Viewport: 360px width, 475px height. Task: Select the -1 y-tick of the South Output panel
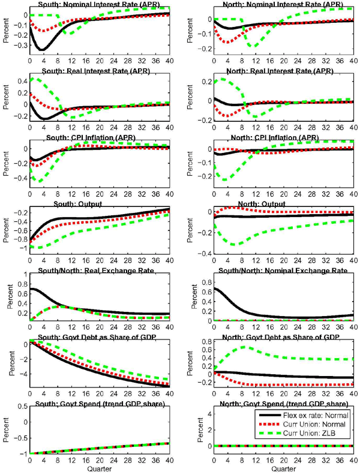[24, 248]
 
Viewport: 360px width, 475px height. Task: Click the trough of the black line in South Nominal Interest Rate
[41, 50]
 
